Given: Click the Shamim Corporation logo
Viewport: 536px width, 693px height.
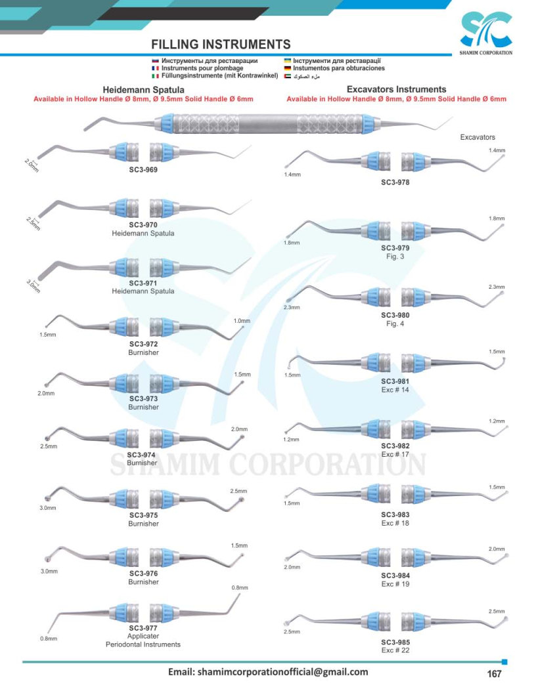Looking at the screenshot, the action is [x=485, y=33].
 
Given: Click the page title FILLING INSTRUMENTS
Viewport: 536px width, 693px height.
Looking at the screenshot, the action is [x=221, y=44].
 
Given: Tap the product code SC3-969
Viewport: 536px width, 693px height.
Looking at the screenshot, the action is [x=143, y=170].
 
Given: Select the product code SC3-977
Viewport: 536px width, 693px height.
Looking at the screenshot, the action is [x=143, y=628].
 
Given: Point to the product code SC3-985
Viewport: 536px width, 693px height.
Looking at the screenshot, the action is [x=395, y=642].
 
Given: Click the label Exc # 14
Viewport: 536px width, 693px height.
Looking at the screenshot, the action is [x=395, y=390].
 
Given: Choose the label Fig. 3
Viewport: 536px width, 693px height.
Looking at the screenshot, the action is [x=395, y=257].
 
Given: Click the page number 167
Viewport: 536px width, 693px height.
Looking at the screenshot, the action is [x=494, y=673].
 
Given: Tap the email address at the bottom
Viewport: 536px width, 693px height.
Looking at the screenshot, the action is [x=267, y=672].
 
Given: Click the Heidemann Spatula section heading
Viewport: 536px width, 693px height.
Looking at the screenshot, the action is [x=143, y=90].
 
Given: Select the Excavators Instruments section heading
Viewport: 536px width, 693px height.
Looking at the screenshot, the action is [x=396, y=89].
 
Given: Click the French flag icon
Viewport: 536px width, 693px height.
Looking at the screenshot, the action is [x=155, y=68].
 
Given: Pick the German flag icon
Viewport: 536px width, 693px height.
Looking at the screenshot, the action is [x=288, y=68].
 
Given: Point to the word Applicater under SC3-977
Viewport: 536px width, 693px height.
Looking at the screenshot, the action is [x=143, y=637].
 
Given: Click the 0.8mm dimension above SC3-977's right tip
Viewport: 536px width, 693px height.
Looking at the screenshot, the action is [x=240, y=588].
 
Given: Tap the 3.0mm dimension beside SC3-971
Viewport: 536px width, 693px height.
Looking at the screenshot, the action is [x=33, y=286].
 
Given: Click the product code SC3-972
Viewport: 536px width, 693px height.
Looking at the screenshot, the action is [x=143, y=344].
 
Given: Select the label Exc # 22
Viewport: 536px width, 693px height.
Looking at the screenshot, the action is [x=395, y=650].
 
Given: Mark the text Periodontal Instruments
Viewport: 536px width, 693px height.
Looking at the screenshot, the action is [x=143, y=645].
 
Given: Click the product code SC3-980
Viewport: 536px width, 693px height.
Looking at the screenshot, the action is [x=395, y=315].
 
